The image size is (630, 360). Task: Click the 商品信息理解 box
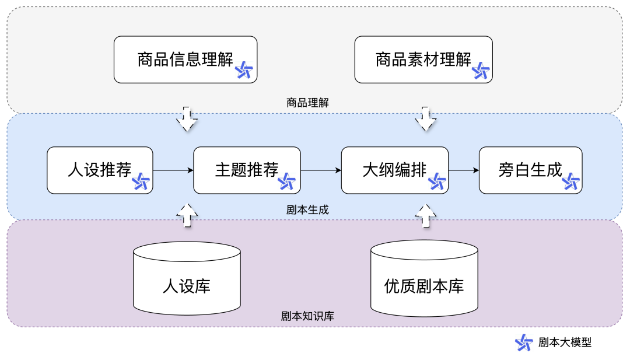tap(185, 60)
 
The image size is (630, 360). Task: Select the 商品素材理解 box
tap(423, 60)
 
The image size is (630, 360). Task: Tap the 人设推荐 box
tap(100, 170)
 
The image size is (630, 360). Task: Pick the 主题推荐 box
tap(247, 170)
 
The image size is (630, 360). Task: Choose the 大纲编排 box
tap(394, 170)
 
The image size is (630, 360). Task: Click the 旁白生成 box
tap(530, 170)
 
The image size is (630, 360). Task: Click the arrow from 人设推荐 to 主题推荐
tap(173, 170)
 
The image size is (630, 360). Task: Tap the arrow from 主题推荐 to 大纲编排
tap(321, 170)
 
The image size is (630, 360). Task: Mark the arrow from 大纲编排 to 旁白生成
tap(464, 170)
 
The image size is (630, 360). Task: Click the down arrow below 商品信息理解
tap(187, 119)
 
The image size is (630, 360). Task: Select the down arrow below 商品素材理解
tap(425, 119)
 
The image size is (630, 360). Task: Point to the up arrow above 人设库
tap(187, 214)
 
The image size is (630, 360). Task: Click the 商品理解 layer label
tap(307, 103)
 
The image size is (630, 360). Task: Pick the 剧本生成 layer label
tap(307, 209)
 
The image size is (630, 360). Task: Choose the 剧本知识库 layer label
tap(307, 316)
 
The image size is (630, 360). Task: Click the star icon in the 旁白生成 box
tap(571, 181)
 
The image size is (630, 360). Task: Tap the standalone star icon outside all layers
tap(524, 342)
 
